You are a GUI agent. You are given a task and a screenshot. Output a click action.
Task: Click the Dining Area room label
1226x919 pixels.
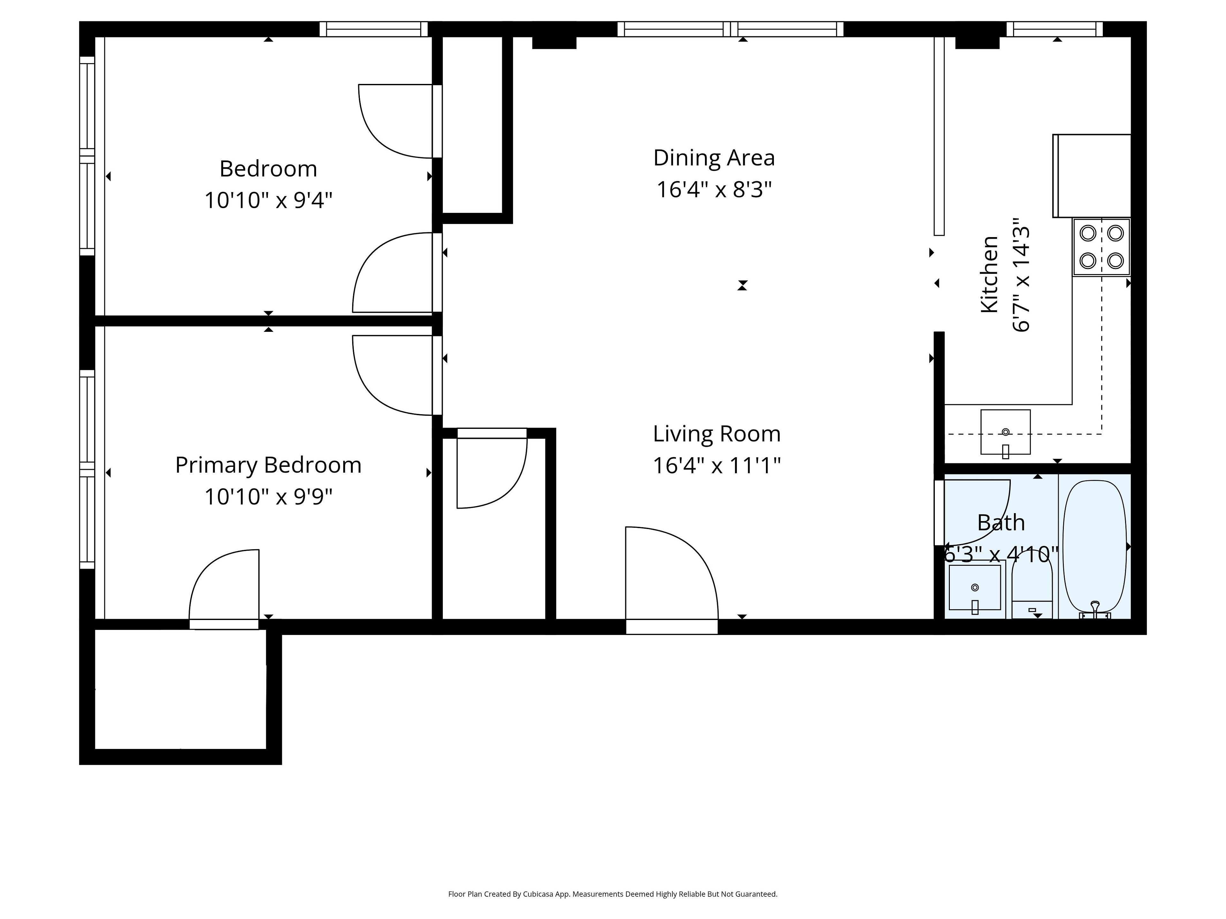714,158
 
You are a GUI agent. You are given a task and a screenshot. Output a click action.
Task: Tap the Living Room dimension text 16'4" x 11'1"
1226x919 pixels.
717,465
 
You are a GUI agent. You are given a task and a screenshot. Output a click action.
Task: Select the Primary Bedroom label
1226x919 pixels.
268,465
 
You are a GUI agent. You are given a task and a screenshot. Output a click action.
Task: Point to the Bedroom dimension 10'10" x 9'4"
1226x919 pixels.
268,200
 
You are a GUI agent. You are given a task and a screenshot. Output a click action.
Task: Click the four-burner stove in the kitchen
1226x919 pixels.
1101,247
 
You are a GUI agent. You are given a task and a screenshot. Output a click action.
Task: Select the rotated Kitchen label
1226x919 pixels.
990,274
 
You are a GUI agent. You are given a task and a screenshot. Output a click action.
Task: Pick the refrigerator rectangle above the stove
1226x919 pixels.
1091,176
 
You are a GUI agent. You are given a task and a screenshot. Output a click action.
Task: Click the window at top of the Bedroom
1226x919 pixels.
374,29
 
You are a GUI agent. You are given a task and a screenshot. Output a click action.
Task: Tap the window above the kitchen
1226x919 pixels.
1055,29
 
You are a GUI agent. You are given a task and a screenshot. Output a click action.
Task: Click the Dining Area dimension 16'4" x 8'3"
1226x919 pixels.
714,190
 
